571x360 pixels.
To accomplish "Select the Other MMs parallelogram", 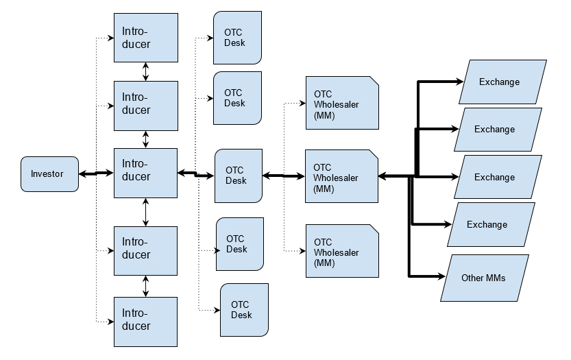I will tap(484, 278).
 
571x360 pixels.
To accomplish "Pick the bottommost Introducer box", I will tap(145, 321).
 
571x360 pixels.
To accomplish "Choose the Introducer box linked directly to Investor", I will tap(145, 173).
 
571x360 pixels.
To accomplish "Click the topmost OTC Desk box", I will tap(237, 38).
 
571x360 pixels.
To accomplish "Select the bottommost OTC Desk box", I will tap(244, 309).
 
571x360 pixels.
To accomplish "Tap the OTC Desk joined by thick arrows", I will tap(239, 176).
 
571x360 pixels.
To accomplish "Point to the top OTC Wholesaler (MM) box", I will tap(341, 103).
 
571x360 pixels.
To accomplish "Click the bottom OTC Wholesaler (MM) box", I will tap(341, 251).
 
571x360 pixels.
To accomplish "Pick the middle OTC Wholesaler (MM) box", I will tap(341, 177).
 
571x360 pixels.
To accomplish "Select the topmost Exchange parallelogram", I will tap(503, 82).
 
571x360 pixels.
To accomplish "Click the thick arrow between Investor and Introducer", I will tap(96, 173).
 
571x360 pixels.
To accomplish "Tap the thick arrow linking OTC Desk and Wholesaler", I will tap(284, 176).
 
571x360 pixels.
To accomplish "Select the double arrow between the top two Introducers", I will tap(145, 71).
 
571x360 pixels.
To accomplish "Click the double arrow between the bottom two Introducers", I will tap(145, 286).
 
